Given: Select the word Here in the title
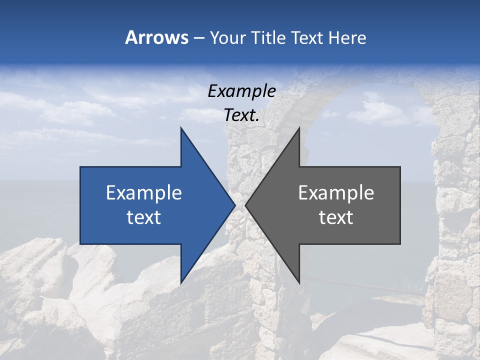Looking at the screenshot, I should (347, 37).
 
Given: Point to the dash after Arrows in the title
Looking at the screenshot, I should (198, 38).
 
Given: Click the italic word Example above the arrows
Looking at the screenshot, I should (241, 91).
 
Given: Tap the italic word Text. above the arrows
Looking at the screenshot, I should (241, 115).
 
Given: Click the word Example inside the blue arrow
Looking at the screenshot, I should (143, 193).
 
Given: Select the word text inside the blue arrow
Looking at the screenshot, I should (143, 217).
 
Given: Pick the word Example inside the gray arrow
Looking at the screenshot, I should (336, 193).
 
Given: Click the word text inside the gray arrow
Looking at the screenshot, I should (336, 217).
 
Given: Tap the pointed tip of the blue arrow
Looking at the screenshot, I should (234, 205).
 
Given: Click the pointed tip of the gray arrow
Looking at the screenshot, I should (246, 205).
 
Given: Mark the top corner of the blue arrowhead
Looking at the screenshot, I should (181, 128).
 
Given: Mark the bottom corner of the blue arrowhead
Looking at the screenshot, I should (181, 282).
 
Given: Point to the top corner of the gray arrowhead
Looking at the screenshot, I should (299, 128).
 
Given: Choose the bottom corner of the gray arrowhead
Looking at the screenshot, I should (299, 282).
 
